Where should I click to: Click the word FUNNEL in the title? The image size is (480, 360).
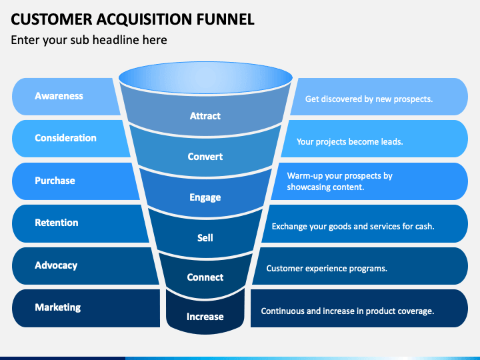point(225,19)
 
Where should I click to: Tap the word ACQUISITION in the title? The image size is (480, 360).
point(144,19)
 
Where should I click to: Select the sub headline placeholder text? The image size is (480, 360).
point(89,40)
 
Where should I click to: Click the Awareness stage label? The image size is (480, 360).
point(59,96)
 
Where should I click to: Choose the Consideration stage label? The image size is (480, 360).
point(65,138)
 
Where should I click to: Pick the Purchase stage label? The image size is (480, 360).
point(55,181)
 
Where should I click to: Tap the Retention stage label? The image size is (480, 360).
point(56,223)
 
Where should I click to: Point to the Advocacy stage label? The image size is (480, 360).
point(56,265)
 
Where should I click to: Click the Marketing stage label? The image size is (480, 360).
point(58,307)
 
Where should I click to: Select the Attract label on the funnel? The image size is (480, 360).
point(205,116)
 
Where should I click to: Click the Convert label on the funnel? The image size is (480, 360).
point(205,157)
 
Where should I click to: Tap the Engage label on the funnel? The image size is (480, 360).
point(205,197)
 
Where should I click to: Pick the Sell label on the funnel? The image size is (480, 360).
point(205,238)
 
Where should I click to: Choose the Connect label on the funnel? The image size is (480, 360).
point(205,277)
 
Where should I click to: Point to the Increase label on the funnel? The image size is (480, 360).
point(205,317)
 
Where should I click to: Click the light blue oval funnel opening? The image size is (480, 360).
point(205,78)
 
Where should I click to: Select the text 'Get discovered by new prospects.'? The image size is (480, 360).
point(369,99)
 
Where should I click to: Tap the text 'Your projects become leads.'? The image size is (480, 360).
point(349,142)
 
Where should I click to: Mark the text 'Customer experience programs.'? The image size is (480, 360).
point(327,269)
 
